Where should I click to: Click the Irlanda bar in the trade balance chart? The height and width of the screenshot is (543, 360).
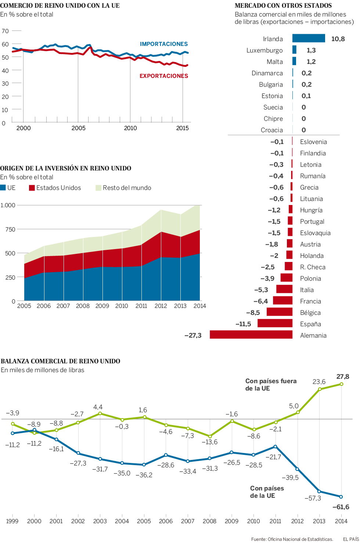pyautogui.click(x=309, y=38)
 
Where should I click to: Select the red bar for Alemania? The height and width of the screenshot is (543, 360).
pyautogui.click(x=251, y=335)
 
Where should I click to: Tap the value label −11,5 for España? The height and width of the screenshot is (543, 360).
pyautogui.click(x=243, y=324)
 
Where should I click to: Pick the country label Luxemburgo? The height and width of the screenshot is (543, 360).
pyautogui.click(x=264, y=50)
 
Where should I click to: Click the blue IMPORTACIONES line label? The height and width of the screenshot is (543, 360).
pyautogui.click(x=164, y=44)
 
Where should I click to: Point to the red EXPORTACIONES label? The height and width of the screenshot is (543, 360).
pyautogui.click(x=164, y=76)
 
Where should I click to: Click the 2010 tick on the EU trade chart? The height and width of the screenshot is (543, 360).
pyautogui.click(x=130, y=128)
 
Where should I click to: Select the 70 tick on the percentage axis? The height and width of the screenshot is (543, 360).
pyautogui.click(x=5, y=31)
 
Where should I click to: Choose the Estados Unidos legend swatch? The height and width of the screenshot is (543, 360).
pyautogui.click(x=32, y=188)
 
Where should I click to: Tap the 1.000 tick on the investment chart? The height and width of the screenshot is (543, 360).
pyautogui.click(x=8, y=205)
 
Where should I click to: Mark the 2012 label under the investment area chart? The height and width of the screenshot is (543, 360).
pyautogui.click(x=161, y=306)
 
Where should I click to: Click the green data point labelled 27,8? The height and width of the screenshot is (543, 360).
pyautogui.click(x=342, y=384)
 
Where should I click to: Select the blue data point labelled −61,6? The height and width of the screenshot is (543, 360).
pyautogui.click(x=341, y=497)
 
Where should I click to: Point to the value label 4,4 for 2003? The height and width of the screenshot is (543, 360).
pyautogui.click(x=98, y=407)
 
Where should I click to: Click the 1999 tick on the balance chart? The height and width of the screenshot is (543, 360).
pyautogui.click(x=12, y=521)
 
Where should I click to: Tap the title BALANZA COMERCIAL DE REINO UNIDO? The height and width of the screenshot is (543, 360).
pyautogui.click(x=61, y=361)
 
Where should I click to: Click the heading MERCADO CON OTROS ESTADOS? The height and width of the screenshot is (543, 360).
pyautogui.click(x=283, y=6)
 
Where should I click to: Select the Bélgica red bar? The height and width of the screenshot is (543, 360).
pyautogui.click(x=280, y=312)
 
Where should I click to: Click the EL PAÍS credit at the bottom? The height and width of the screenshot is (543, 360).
pyautogui.click(x=350, y=539)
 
